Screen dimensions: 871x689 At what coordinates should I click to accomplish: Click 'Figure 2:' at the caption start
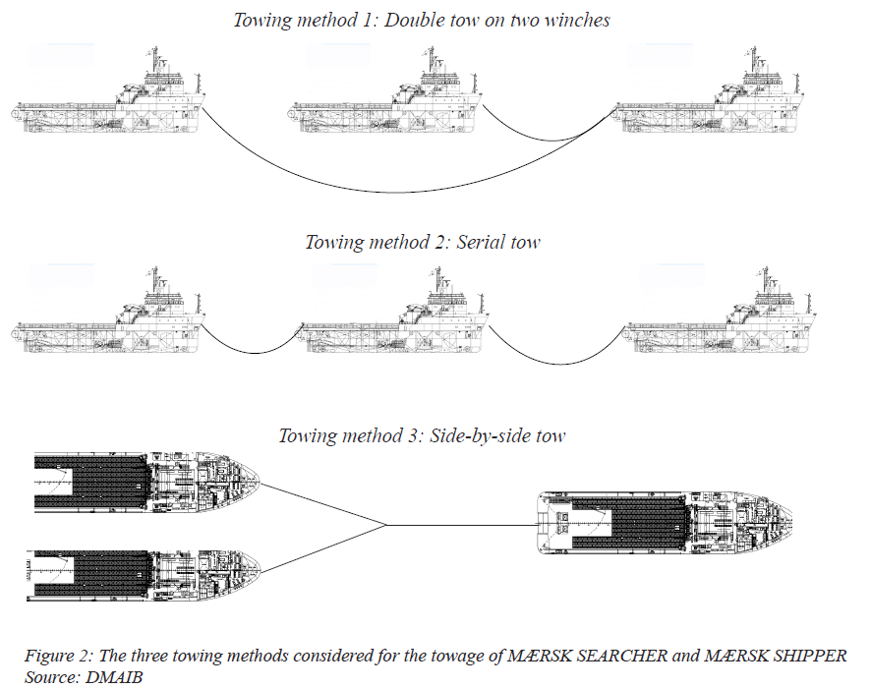[x=59, y=657]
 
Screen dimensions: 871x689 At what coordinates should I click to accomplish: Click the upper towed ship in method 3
[x=146, y=482]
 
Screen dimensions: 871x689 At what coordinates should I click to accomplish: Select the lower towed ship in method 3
[x=144, y=575]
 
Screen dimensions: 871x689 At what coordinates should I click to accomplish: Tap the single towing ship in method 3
[x=665, y=523]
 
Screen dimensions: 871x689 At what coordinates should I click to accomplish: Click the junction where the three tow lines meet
[x=386, y=525]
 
